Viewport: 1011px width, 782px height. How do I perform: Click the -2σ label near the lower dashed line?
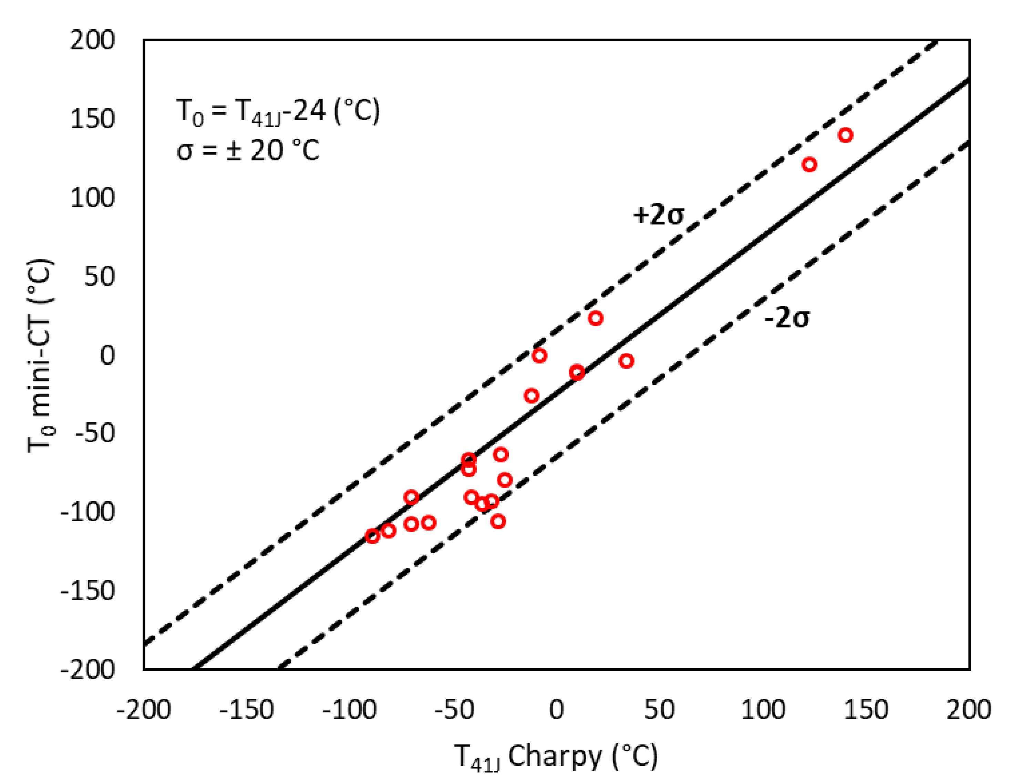pyautogui.click(x=787, y=318)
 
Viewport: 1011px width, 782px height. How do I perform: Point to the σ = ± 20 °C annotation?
pyautogui.click(x=248, y=151)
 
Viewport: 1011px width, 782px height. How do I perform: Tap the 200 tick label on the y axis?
pyautogui.click(x=92, y=41)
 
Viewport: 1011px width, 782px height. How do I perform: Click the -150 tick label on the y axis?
pyautogui.click(x=87, y=591)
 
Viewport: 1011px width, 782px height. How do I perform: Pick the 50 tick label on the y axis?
pyautogui.click(x=99, y=277)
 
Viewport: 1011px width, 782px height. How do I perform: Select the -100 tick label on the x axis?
pyautogui.click(x=350, y=709)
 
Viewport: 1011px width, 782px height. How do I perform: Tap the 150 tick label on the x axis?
pyautogui.click(x=866, y=709)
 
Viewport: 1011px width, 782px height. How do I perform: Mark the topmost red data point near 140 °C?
pyautogui.click(x=846, y=135)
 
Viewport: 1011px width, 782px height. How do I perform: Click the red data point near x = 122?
pyautogui.click(x=809, y=164)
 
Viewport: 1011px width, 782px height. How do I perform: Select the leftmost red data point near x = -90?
pyautogui.click(x=372, y=536)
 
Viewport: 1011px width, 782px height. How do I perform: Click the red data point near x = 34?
pyautogui.click(x=626, y=361)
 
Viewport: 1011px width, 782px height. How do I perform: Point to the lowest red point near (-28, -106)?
pyautogui.click(x=498, y=521)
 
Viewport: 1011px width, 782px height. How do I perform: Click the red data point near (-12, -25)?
pyautogui.click(x=532, y=395)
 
